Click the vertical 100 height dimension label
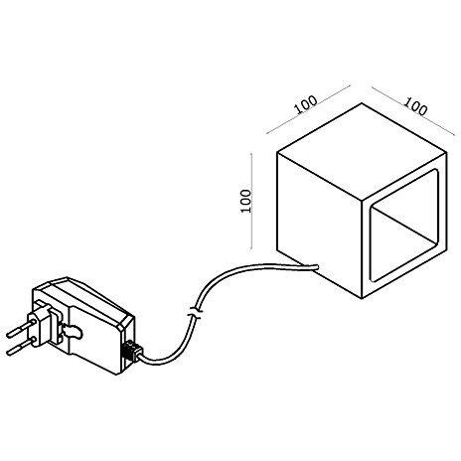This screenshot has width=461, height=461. (x=245, y=201)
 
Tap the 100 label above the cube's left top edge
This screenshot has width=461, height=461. (x=306, y=104)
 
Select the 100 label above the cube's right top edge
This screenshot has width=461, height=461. (x=415, y=106)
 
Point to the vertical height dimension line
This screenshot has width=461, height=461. (x=252, y=201)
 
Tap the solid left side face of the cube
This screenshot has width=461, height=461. (x=319, y=226)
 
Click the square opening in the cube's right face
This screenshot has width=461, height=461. (x=404, y=226)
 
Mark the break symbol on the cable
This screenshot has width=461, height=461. (x=196, y=313)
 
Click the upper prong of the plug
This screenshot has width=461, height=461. (x=20, y=328)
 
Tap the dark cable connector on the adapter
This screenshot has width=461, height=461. (x=132, y=350)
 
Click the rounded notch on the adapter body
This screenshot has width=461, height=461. (x=74, y=332)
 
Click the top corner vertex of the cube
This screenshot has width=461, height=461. (x=362, y=103)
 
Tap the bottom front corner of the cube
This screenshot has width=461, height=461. (x=363, y=298)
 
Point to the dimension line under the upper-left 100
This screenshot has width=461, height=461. (x=308, y=110)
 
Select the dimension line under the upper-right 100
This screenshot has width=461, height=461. (x=413, y=111)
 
